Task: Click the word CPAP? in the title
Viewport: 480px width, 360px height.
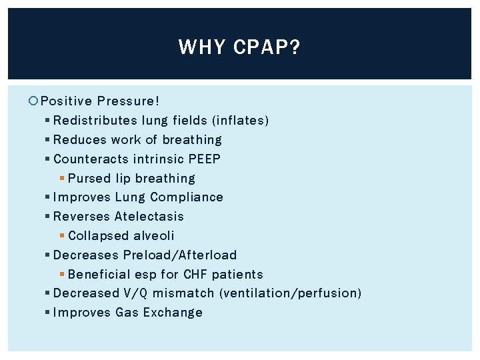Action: click(x=267, y=47)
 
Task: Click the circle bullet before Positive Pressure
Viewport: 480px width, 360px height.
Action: click(x=34, y=101)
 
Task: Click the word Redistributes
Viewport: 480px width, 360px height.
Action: click(x=95, y=121)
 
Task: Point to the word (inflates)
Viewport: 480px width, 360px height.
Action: click(x=240, y=121)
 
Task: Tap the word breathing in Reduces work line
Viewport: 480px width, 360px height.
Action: click(x=192, y=140)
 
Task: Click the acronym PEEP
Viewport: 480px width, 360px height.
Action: click(x=205, y=159)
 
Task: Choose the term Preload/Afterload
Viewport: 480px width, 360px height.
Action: click(x=180, y=255)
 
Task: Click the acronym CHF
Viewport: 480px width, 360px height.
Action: click(x=196, y=275)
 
